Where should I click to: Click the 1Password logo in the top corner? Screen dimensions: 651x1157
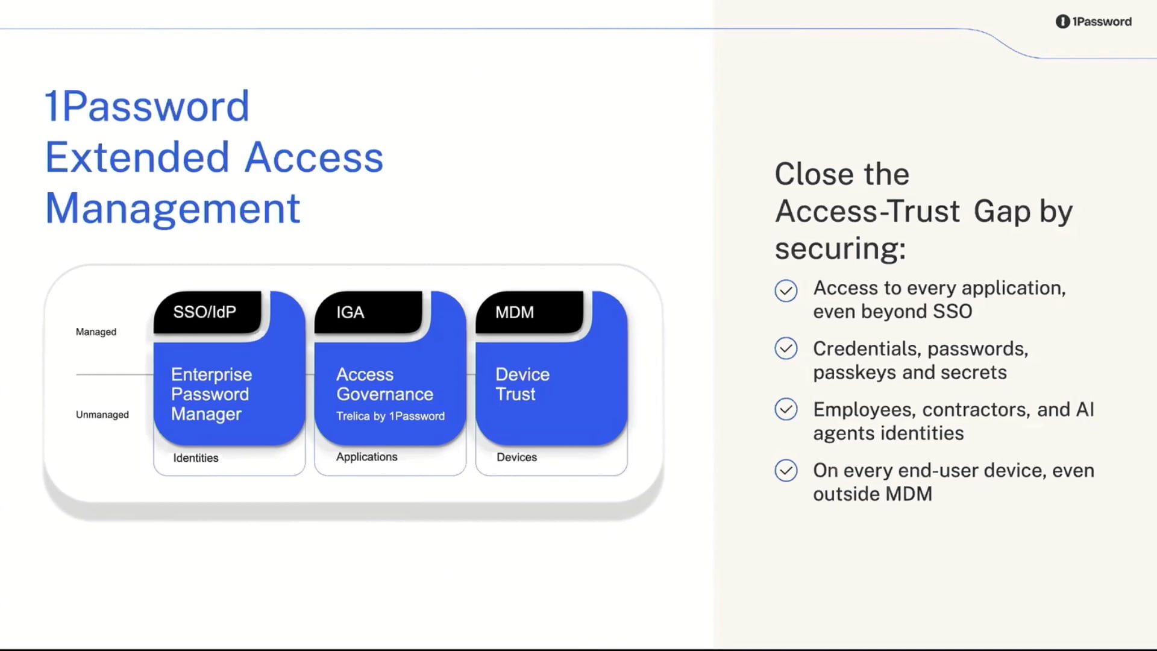tap(1093, 22)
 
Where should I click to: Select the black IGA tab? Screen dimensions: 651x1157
tap(368, 312)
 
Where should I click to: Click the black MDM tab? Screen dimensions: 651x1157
tap(528, 312)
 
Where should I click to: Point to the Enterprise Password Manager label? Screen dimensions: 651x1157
tap(211, 394)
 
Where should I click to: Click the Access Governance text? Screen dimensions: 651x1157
tap(384, 384)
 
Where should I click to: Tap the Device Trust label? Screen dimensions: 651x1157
tap(522, 384)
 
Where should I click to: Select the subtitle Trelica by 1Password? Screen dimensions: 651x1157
tap(390, 416)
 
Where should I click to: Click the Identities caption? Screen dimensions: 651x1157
tap(196, 458)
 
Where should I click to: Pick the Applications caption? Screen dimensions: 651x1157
tap(366, 457)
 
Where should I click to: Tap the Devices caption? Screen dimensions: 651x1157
tap(516, 457)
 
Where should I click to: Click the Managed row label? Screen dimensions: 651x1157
tap(96, 332)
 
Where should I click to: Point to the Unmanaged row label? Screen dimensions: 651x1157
tap(102, 415)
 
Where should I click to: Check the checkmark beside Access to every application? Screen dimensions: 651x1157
tap(786, 291)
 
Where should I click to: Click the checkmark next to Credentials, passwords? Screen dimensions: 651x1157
tap(786, 348)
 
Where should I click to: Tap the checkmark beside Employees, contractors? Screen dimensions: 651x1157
tap(786, 409)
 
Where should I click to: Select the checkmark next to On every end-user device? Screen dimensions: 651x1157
tap(786, 470)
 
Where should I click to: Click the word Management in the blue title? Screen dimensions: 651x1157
tap(172, 209)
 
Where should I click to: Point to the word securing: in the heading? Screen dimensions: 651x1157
tap(840, 248)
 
